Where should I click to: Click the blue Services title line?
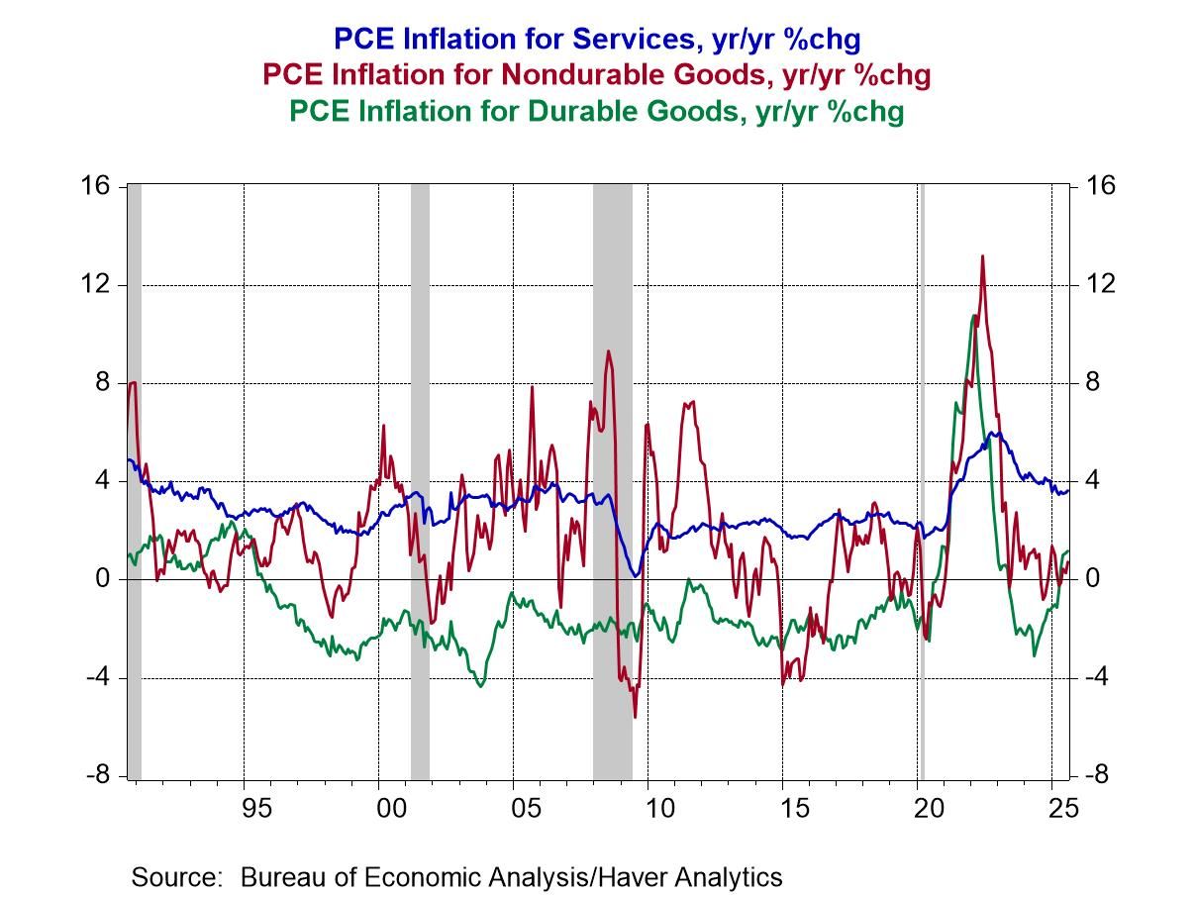596,39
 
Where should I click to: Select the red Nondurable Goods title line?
596,74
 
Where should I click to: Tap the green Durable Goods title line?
596,111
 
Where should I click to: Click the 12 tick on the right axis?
1099,285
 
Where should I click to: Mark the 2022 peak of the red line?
982,256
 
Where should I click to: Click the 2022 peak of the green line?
974,316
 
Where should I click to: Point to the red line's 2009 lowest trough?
635,716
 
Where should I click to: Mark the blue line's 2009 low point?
638,574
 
